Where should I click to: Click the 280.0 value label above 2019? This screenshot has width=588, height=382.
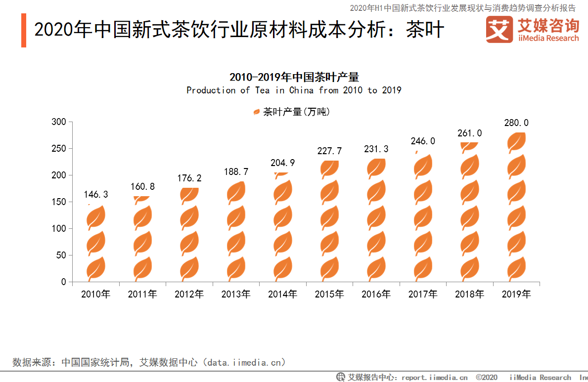click(516, 123)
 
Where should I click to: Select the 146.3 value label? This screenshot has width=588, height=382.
click(95, 194)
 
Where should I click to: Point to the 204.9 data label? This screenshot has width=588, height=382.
click(282, 163)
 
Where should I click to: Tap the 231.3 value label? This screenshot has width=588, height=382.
click(376, 149)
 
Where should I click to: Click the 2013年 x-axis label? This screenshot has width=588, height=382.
click(236, 294)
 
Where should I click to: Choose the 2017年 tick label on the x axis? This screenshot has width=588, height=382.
click(423, 294)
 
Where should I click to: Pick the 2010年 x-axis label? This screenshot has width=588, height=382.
click(95, 294)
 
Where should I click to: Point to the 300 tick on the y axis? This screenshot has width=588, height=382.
click(59, 122)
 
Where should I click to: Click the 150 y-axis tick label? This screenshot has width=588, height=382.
click(59, 202)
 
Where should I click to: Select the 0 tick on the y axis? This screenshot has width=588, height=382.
click(64, 282)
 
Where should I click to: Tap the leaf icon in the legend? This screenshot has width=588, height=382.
click(257, 112)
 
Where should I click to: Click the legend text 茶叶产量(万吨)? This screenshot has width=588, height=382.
click(296, 112)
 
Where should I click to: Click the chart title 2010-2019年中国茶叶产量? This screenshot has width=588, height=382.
click(294, 77)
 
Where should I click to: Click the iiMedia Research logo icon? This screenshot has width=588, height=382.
click(499, 29)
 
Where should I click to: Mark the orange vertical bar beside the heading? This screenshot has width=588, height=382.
click(24, 30)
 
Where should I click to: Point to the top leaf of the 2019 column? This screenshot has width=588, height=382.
click(516, 142)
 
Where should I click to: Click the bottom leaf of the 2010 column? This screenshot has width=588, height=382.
click(95, 268)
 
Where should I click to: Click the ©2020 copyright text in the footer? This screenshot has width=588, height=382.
click(487, 377)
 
